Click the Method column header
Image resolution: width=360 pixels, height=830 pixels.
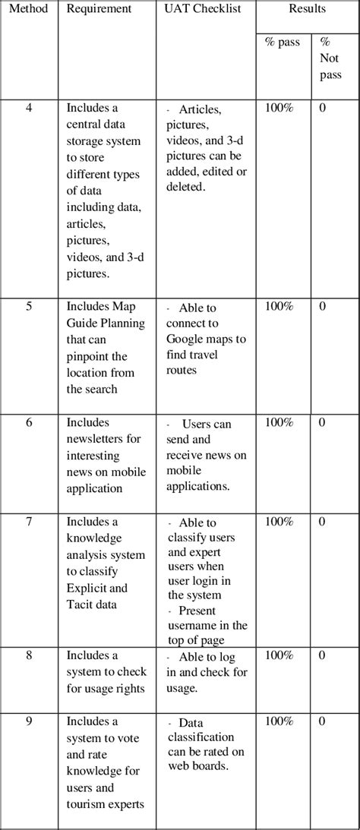(x=29, y=9)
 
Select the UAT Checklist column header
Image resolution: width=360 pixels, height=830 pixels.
(x=198, y=9)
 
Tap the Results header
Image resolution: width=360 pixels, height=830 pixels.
(x=307, y=9)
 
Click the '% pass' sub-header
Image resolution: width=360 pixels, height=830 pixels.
(x=282, y=43)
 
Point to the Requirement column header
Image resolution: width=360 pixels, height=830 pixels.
(x=99, y=9)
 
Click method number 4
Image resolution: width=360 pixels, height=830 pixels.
(x=29, y=108)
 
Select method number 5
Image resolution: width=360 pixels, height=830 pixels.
(x=29, y=308)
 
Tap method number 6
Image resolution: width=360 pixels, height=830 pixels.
(x=29, y=422)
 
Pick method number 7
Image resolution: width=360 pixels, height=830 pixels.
(x=29, y=522)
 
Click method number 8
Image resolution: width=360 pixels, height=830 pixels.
(x=29, y=655)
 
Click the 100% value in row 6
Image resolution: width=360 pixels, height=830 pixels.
(x=279, y=422)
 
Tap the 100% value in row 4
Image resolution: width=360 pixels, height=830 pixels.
(x=279, y=108)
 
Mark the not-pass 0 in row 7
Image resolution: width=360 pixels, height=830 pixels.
(x=323, y=522)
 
